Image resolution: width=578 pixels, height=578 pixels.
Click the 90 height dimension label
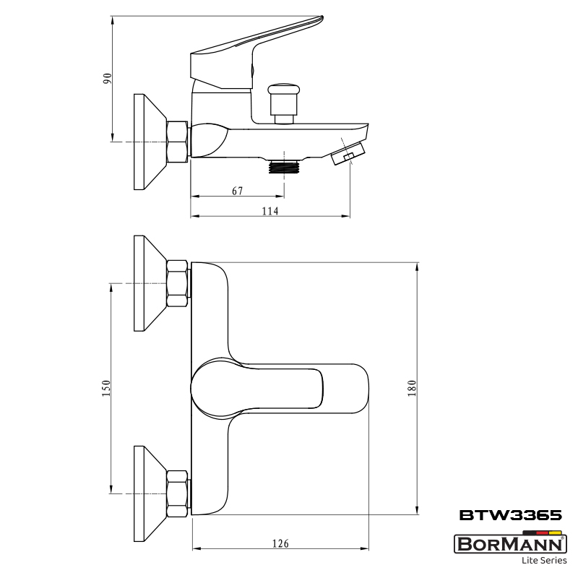tap(107, 78)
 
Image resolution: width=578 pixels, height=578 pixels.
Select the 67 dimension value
tap(238, 191)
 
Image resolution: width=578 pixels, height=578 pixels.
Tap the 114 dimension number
tap(269, 211)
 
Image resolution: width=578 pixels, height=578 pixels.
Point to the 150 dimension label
tap(105, 388)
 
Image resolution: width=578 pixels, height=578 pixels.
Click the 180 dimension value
tap(412, 388)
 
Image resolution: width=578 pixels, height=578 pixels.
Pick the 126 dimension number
tap(280, 543)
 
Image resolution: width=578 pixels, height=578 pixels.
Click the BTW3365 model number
tap(511, 515)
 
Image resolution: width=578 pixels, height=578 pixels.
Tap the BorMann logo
tap(510, 544)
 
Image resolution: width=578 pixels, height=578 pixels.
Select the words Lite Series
tap(544, 561)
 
